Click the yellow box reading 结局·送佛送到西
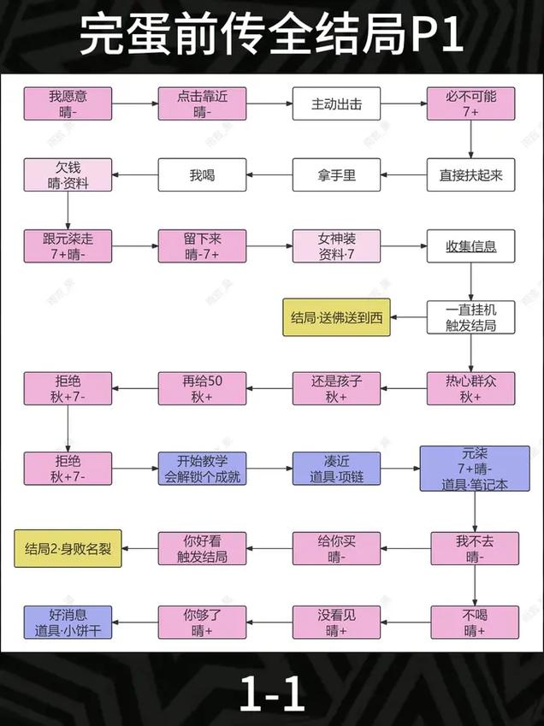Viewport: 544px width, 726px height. point(336,318)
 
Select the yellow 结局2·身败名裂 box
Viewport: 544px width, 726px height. point(68,548)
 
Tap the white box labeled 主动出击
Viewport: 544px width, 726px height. point(336,105)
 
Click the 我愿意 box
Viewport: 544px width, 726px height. point(68,104)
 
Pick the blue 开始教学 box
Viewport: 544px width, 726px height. point(202,468)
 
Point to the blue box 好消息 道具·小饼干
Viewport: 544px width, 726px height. point(68,622)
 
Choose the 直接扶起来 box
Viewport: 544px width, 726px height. point(471,175)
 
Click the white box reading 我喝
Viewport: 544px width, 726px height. point(202,175)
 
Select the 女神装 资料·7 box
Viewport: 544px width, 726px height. point(336,246)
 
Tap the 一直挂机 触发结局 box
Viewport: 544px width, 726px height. point(471,317)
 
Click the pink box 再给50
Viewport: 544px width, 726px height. point(202,388)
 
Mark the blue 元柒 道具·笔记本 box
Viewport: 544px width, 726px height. point(471,468)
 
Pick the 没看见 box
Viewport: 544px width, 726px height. point(336,622)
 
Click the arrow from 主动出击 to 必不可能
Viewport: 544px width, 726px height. point(404,105)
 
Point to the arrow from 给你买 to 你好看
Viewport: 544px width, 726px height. point(269,548)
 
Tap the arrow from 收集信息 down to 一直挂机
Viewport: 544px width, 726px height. point(471,281)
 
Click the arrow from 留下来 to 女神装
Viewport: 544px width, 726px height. point(269,246)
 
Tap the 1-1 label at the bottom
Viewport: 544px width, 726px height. point(272,694)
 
